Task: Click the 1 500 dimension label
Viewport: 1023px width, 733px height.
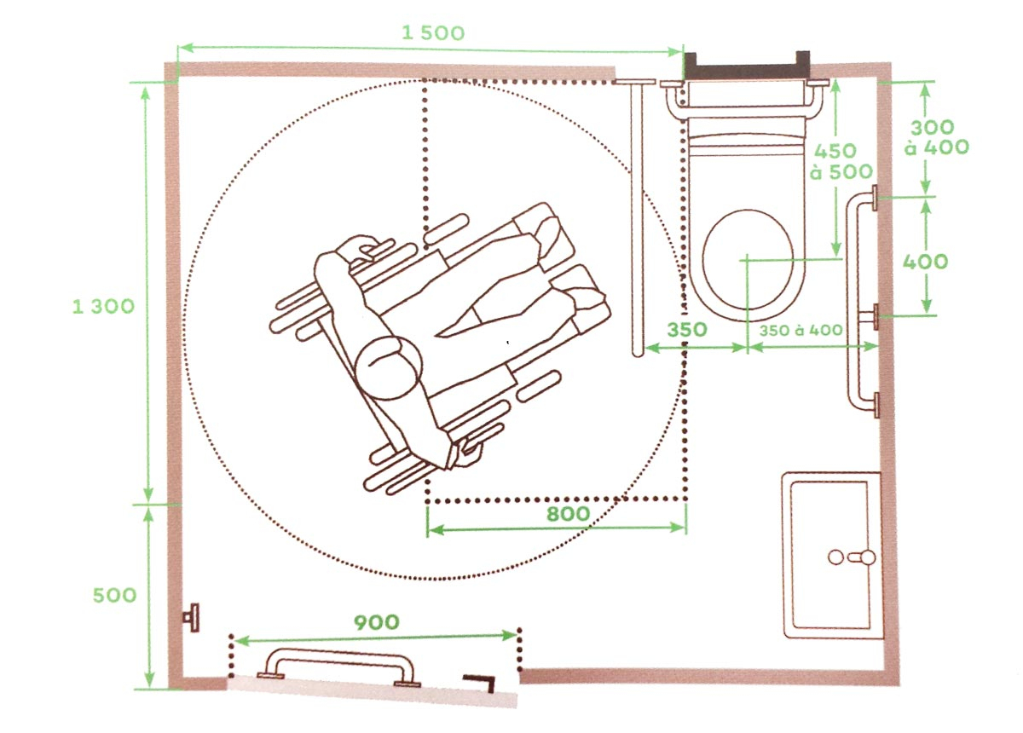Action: pos(433,33)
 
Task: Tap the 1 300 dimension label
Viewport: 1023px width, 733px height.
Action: pos(103,306)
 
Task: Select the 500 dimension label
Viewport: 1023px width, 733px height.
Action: pos(114,595)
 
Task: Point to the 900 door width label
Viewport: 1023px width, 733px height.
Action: pos(376,622)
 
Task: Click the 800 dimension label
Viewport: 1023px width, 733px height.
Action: pos(569,514)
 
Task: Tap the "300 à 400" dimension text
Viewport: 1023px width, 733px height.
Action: pos(939,137)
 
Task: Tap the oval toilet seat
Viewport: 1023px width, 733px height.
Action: pos(747,263)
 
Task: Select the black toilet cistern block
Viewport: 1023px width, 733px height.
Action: pos(747,66)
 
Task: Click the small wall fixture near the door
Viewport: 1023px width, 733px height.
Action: pos(194,616)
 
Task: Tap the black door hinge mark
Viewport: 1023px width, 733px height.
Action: pos(483,681)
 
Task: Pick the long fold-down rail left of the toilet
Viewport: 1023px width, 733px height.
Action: pos(635,217)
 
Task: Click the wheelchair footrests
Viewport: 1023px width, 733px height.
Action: pos(569,264)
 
